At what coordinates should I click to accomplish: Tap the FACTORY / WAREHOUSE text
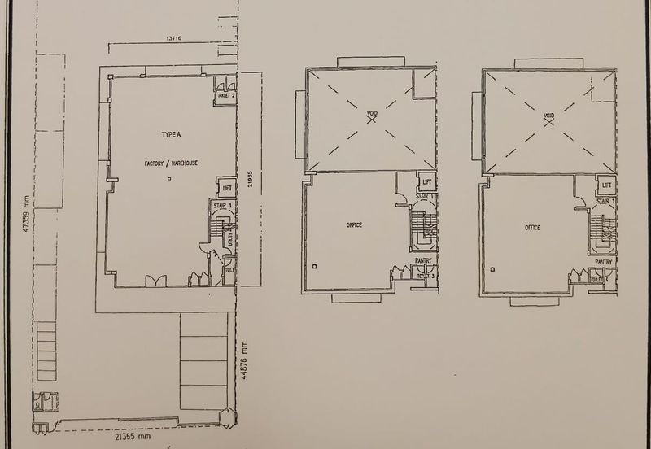click(171, 163)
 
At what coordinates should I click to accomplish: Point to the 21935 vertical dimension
click(251, 185)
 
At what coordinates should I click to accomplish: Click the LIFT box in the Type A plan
click(228, 189)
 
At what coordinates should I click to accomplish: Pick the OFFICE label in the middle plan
click(353, 224)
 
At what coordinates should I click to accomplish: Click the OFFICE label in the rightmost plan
click(531, 227)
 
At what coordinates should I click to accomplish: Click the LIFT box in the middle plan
click(426, 184)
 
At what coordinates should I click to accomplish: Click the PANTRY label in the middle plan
click(423, 260)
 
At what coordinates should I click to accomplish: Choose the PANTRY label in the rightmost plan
click(602, 261)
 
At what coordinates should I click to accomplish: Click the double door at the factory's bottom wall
click(155, 281)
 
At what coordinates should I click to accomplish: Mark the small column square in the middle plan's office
click(314, 264)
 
